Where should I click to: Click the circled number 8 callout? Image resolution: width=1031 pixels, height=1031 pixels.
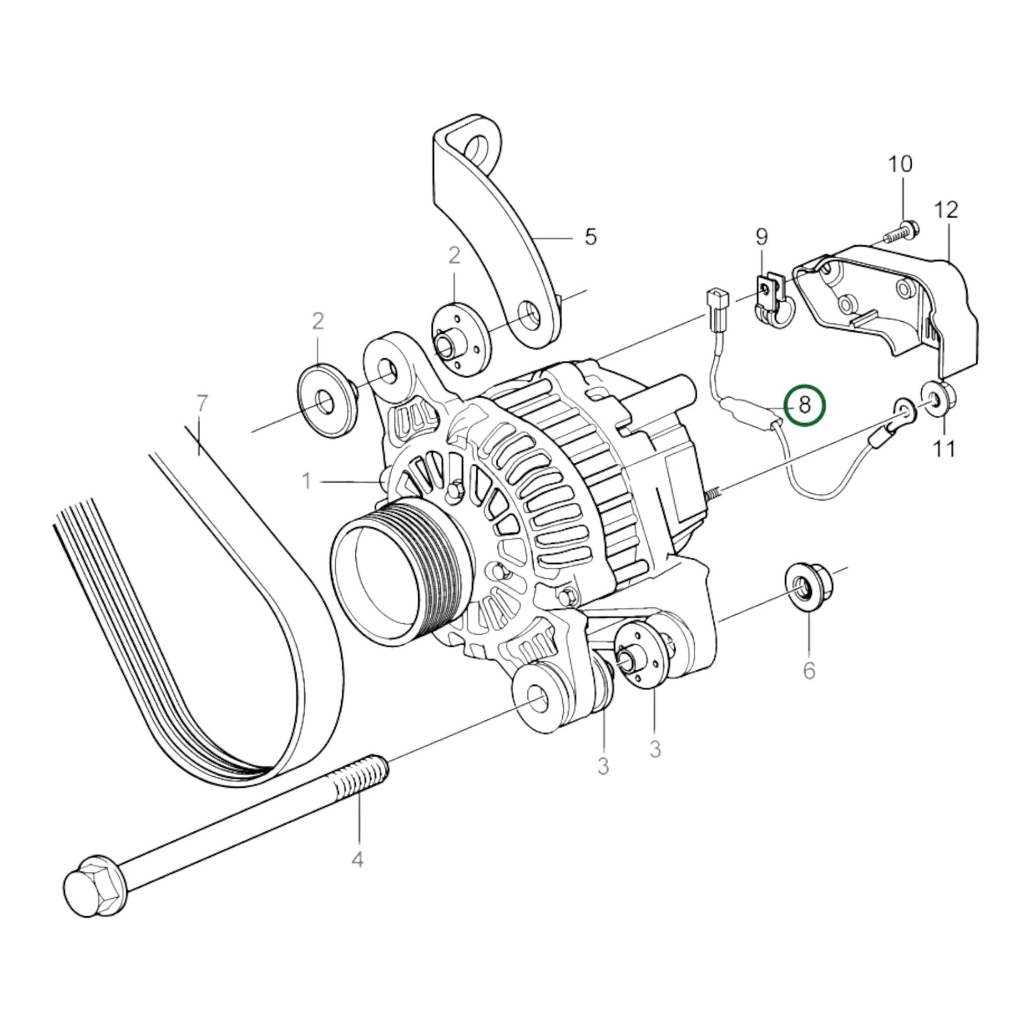804,405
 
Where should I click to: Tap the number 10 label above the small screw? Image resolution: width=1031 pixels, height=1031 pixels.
900,165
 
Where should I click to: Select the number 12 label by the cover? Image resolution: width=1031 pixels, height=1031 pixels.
945,210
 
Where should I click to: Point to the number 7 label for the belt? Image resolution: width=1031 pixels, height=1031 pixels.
202,405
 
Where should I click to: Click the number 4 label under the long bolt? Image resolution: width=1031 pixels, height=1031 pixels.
357,859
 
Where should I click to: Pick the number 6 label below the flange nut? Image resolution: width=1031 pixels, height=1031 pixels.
808,670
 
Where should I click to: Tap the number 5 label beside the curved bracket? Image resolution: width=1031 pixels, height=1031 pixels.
590,236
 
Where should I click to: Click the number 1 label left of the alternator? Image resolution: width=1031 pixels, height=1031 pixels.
306,482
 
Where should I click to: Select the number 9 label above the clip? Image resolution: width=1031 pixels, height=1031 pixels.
761,235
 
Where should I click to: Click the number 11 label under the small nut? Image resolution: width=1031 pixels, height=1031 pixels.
944,448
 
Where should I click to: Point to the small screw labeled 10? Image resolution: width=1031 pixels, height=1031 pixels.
902,231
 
